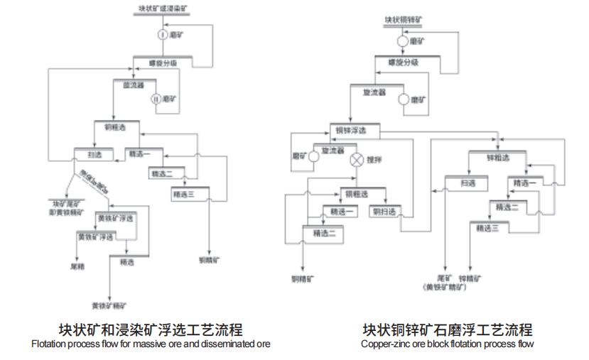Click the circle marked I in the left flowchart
click(x=162, y=34)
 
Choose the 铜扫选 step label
click(x=383, y=212)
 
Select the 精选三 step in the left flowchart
click(x=183, y=194)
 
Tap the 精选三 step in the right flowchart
click(x=487, y=228)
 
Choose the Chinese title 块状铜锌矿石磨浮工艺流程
click(x=447, y=330)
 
